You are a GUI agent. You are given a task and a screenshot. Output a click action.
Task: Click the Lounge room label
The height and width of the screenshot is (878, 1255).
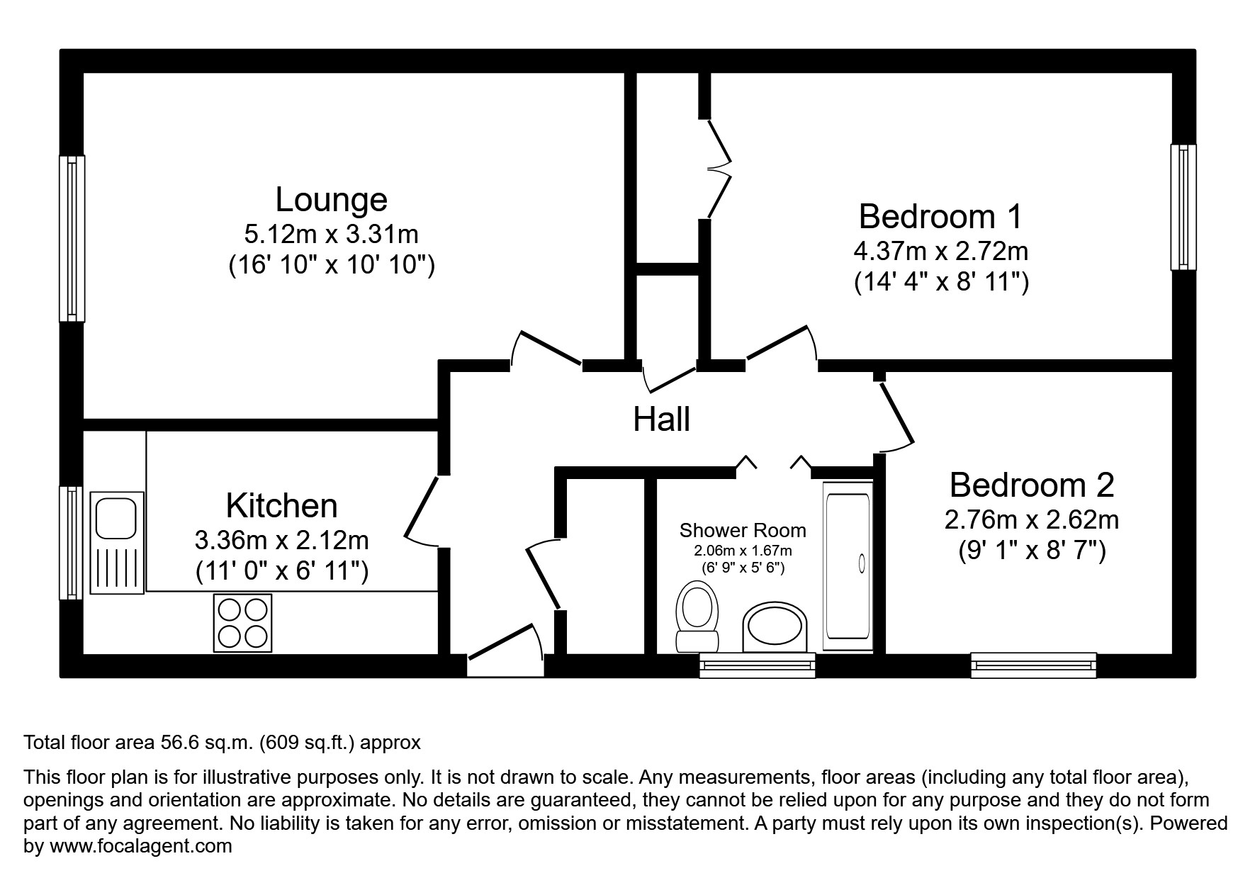(331, 200)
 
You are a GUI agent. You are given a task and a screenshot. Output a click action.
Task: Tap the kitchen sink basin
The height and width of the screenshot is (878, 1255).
(117, 517)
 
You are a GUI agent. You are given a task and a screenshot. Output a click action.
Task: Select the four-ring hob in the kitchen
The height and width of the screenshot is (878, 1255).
(242, 623)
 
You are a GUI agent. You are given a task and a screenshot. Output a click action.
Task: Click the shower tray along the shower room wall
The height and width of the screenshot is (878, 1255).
(847, 566)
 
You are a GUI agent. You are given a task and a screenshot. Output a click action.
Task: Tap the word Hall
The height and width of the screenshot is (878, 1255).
(661, 420)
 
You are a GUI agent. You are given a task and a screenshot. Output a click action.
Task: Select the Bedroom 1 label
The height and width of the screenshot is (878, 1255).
(940, 216)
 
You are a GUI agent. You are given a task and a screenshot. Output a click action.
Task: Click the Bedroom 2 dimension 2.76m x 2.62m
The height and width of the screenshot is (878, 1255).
(1031, 520)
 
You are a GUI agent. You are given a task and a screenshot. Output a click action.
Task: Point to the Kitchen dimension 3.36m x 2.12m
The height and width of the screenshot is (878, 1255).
(281, 541)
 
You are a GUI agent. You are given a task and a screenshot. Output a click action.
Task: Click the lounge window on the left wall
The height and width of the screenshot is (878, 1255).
(72, 238)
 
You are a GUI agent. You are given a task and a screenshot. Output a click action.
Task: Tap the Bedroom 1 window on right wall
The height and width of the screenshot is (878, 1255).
(1183, 207)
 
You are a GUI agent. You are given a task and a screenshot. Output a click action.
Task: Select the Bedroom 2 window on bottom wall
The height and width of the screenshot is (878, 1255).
(1033, 665)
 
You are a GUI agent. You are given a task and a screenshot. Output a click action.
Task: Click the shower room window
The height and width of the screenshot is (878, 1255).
(757, 665)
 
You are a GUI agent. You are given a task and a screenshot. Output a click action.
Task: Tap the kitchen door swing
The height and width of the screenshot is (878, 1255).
(423, 512)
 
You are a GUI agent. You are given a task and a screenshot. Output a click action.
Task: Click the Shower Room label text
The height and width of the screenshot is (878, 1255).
(742, 530)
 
